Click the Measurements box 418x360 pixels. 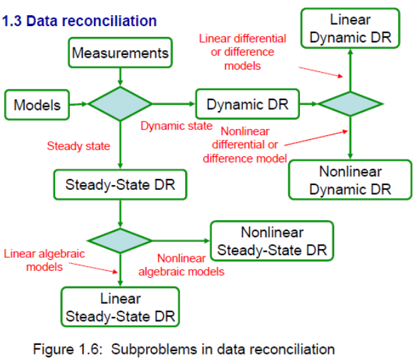(120, 53)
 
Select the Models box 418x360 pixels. (37, 105)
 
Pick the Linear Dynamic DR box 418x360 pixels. (351, 29)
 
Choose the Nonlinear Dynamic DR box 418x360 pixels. (350, 180)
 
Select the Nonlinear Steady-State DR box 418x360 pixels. (272, 241)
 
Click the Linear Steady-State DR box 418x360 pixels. (120, 307)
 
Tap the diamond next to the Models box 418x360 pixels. (120, 104)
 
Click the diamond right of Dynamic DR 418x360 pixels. (351, 104)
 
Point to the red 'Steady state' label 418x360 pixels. (78, 146)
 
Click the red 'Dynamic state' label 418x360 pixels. (176, 126)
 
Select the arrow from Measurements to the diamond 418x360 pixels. (120, 76)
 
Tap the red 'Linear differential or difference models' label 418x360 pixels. (242, 51)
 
